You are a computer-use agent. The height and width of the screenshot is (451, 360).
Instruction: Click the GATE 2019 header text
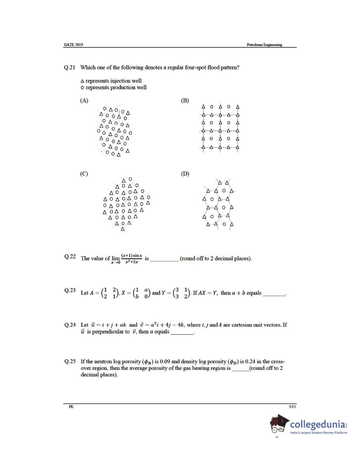[x=73, y=45]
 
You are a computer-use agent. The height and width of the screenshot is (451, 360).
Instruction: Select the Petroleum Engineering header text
[x=264, y=45]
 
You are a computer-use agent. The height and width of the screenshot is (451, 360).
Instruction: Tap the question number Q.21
[x=70, y=67]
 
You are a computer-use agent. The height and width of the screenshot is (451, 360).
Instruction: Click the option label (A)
[x=84, y=100]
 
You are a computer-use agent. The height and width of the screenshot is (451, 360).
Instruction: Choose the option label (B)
[x=185, y=100]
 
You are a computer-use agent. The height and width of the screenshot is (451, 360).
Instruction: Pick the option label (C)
[x=84, y=174]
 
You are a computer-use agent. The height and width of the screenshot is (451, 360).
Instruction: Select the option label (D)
[x=185, y=174]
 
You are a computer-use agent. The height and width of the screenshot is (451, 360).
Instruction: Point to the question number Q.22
[x=70, y=257]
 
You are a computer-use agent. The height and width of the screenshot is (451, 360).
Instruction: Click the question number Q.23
[x=70, y=290]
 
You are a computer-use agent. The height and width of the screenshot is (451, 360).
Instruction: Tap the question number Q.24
[x=70, y=325]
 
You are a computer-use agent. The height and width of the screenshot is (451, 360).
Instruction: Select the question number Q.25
[x=70, y=361]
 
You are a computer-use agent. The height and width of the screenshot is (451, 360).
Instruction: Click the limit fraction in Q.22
[x=131, y=259]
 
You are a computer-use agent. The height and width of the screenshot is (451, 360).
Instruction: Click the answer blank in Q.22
[x=164, y=260]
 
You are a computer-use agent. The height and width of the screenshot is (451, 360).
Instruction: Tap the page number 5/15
[x=292, y=407]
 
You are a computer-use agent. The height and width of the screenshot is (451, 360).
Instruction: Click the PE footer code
[x=71, y=407]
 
